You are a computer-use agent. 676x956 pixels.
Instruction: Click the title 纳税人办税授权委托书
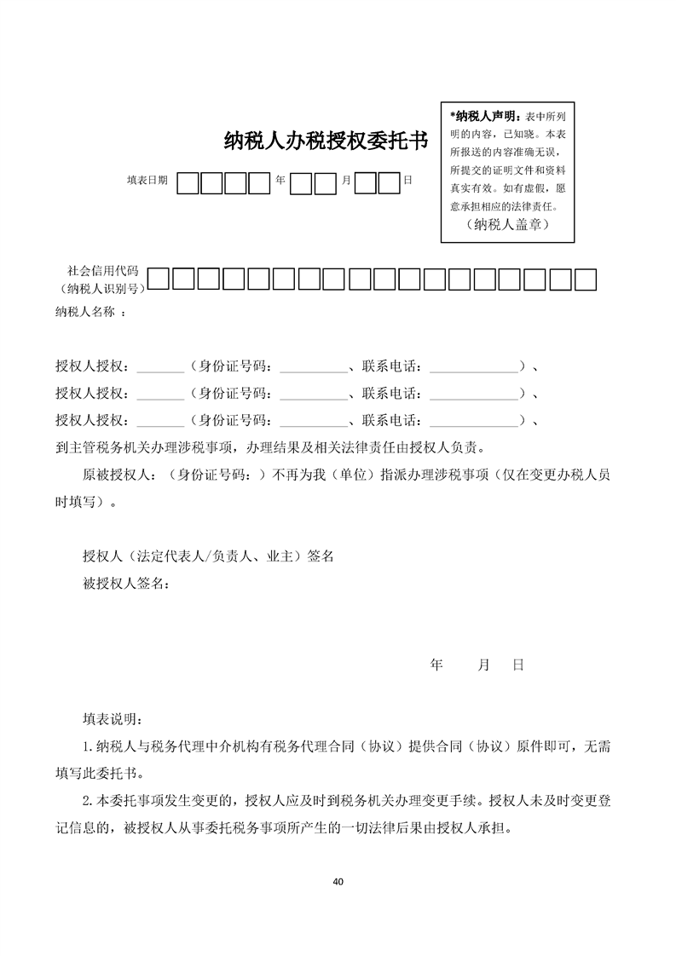(325, 141)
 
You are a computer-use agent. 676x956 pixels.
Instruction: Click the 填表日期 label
(147, 181)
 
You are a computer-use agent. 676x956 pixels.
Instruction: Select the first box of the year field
(188, 183)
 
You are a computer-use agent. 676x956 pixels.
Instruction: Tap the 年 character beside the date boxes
(280, 181)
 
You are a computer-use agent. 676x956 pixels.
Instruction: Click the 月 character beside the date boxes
(345, 181)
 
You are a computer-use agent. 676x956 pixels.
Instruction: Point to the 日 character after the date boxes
(407, 181)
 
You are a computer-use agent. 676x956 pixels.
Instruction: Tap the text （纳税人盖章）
(507, 226)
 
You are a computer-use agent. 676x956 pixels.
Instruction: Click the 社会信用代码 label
(103, 271)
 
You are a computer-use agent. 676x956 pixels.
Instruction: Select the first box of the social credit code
(159, 279)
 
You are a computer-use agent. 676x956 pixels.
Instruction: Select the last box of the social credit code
(585, 279)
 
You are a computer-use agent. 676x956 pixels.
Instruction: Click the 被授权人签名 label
(125, 584)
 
